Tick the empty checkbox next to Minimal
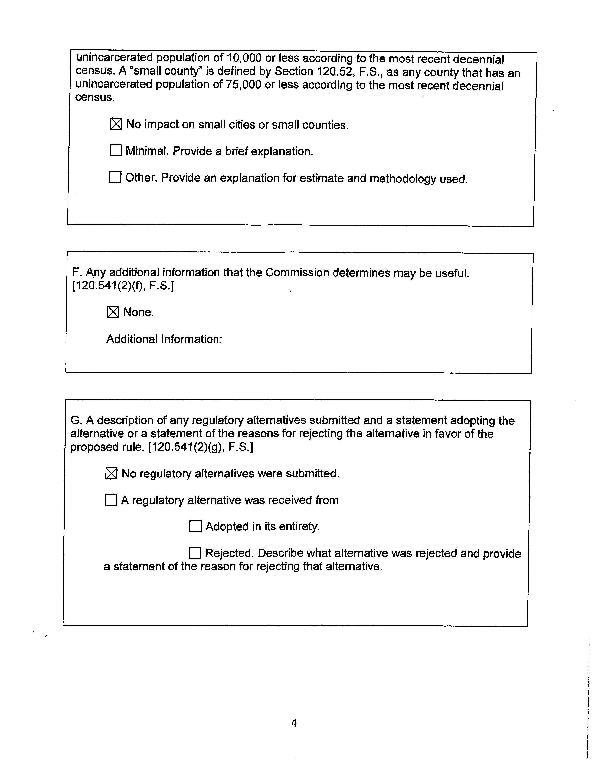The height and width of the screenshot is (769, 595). click(116, 151)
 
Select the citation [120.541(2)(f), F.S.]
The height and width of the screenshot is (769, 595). click(123, 286)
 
